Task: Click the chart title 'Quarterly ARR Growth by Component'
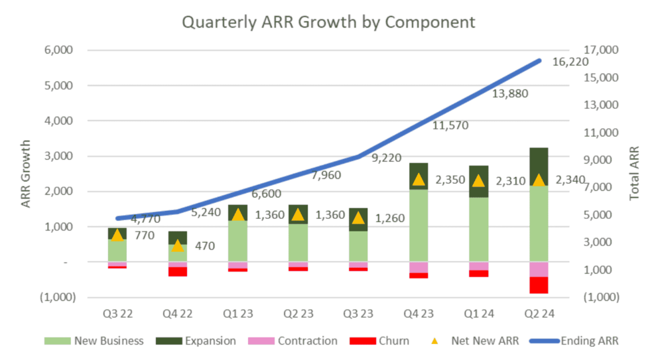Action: [x=329, y=22]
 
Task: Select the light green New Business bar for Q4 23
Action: [x=418, y=225]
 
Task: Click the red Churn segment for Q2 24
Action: [x=539, y=284]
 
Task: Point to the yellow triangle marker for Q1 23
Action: [x=237, y=214]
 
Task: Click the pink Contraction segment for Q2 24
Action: [x=539, y=269]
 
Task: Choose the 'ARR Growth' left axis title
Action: [x=27, y=174]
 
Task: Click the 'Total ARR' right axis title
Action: [x=634, y=174]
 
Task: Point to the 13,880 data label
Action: [x=510, y=94]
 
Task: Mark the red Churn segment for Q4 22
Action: [x=177, y=271]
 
